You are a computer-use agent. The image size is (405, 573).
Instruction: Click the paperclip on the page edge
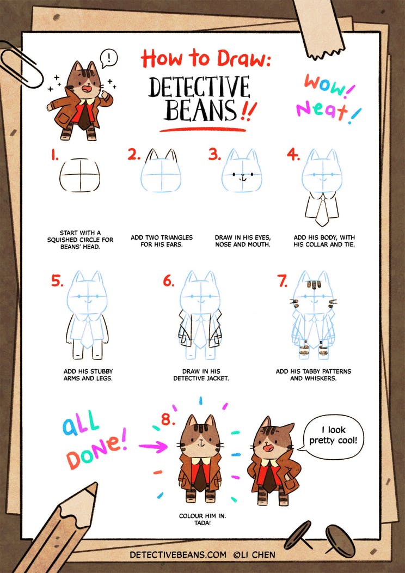11,55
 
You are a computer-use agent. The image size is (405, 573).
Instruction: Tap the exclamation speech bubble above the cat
109,58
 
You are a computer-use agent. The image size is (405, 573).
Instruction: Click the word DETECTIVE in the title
199,88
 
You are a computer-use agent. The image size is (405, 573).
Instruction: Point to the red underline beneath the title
202,130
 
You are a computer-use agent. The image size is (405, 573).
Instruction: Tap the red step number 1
55,156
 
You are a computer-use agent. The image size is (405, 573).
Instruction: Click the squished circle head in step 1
79,175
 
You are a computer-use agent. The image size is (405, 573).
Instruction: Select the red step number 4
293,155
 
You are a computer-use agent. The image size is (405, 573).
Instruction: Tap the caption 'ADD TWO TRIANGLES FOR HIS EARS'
162,241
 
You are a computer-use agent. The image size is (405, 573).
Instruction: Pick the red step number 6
169,281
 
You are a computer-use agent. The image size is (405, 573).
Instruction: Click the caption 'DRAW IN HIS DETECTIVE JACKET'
201,375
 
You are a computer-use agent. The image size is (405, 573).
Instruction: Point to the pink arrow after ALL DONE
153,446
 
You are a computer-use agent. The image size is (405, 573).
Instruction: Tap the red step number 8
168,420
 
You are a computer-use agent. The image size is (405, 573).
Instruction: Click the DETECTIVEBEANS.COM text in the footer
178,554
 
